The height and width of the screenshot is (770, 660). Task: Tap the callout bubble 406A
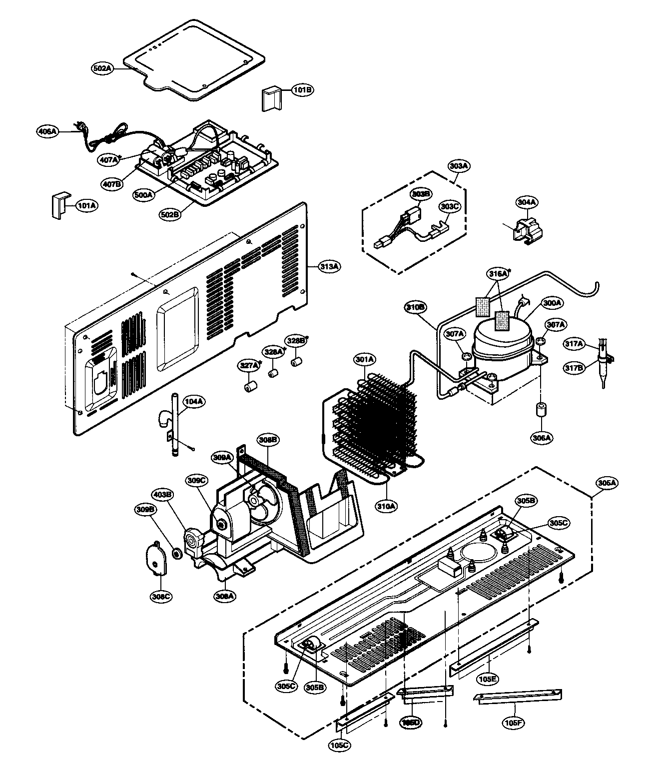(x=48, y=131)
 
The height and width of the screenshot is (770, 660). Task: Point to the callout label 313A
(x=329, y=267)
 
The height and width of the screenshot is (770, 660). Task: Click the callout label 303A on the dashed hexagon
(x=459, y=165)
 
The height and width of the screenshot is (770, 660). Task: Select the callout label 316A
(x=498, y=273)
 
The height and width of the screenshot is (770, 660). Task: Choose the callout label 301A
(x=365, y=359)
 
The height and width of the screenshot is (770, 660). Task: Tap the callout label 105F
(x=515, y=723)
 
